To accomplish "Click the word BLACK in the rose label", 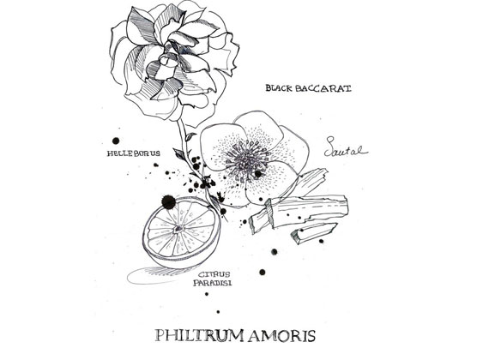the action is click(x=279, y=88).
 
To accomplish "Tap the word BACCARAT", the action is click(x=323, y=88).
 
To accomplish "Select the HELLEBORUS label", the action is click(x=133, y=153).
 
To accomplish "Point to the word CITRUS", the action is click(x=214, y=274).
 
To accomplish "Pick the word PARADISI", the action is click(x=213, y=283).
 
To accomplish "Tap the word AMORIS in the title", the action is click(x=282, y=336).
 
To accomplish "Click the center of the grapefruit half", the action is click(x=179, y=228).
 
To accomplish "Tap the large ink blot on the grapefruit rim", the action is click(x=168, y=201).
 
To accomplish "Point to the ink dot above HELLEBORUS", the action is click(x=116, y=141).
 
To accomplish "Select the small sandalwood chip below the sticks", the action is click(x=313, y=232).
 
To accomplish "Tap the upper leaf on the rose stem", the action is click(x=190, y=136).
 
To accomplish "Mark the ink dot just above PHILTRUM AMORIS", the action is click(x=218, y=312).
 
